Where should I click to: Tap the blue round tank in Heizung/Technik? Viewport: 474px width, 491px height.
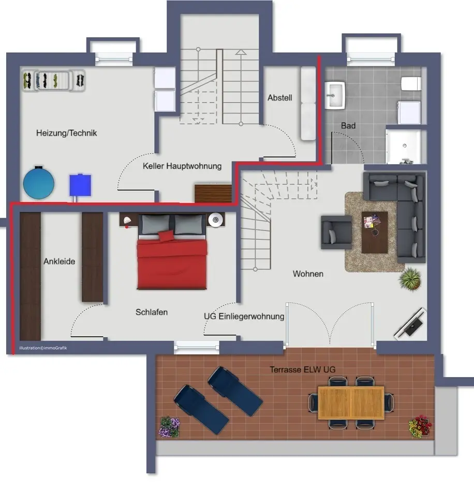(x=39, y=183)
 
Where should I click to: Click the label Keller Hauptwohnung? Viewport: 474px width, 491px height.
(x=182, y=166)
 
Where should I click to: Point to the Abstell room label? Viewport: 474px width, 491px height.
(x=280, y=98)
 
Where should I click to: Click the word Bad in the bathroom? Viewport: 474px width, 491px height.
(x=348, y=125)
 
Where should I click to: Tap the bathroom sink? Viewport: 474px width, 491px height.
(x=335, y=95)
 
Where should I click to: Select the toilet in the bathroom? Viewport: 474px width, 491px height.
(x=411, y=84)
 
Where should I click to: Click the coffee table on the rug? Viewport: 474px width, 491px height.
(x=375, y=233)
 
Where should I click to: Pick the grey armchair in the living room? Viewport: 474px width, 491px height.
(x=336, y=232)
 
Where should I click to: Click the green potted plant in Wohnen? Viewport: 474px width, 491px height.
(x=410, y=278)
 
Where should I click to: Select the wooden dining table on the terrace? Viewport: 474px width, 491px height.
(x=351, y=403)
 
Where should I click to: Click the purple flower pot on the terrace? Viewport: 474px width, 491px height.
(x=169, y=427)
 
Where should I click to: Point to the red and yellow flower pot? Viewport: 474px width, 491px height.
(x=420, y=426)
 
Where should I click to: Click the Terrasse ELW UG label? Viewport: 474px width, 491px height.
(x=303, y=370)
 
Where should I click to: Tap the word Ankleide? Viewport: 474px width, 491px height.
(x=59, y=262)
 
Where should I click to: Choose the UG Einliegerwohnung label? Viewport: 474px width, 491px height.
(x=244, y=316)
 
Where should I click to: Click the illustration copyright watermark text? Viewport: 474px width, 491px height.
(x=43, y=348)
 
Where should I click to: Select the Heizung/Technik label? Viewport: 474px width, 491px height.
(x=66, y=133)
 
